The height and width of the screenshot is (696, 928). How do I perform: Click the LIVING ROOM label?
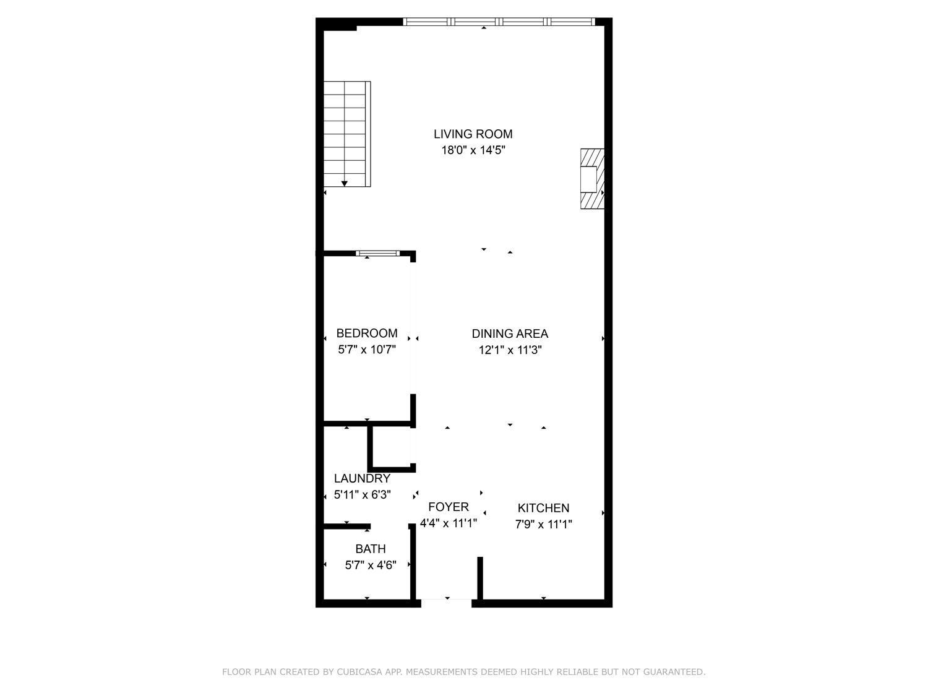tap(473, 134)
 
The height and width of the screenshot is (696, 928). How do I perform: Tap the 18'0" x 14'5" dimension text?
tap(473, 150)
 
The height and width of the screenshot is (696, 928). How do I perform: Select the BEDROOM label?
tap(367, 333)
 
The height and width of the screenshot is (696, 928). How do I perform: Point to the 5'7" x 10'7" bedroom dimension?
tap(367, 350)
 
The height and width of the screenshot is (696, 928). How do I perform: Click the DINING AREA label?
tap(510, 334)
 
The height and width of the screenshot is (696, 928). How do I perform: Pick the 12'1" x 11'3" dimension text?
tap(510, 350)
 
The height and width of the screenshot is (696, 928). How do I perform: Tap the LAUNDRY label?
tap(362, 478)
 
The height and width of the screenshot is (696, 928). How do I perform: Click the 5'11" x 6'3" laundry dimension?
tap(362, 495)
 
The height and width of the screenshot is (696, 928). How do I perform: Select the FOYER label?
tap(449, 507)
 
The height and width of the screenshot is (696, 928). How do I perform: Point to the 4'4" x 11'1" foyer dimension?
tap(449, 523)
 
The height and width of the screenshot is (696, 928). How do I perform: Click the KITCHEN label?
tap(543, 509)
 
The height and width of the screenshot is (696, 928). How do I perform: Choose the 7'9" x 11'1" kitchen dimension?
tap(543, 525)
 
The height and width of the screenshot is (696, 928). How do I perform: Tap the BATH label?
tap(371, 549)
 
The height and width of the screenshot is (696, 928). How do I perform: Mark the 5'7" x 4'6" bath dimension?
tap(371, 565)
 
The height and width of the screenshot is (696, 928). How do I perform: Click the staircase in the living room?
tap(346, 133)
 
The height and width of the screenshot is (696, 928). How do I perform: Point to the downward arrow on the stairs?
tap(345, 183)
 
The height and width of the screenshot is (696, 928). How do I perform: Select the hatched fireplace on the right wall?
tap(592, 178)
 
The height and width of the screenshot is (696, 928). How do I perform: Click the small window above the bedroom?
tap(377, 253)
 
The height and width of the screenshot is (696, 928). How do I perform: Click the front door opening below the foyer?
tap(447, 599)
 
